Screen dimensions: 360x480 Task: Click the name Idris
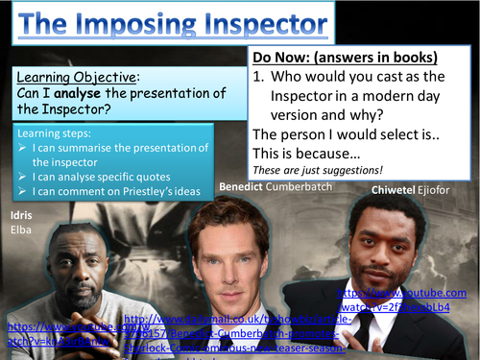pyautogui.click(x=19, y=215)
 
